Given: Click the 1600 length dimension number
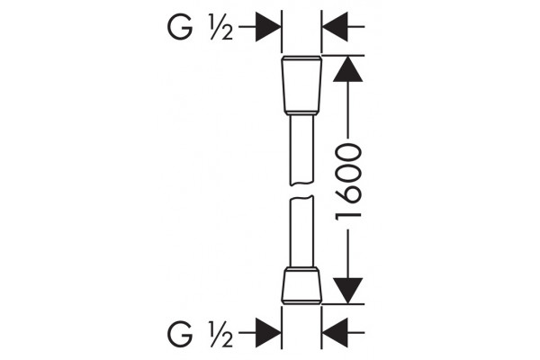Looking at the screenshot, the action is [x=348, y=182].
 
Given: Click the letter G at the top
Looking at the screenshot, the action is [x=180, y=26].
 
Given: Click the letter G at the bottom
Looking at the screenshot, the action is [x=180, y=334].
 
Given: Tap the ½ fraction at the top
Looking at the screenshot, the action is [x=220, y=27].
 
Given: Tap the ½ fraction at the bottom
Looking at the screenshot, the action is [x=220, y=334].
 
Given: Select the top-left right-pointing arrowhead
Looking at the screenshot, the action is [x=268, y=26].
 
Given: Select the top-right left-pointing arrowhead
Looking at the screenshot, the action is [x=335, y=26].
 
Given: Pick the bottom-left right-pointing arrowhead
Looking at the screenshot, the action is [x=268, y=333].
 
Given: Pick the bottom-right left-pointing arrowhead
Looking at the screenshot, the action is [x=335, y=333].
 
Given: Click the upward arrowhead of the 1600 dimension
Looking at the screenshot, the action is [x=347, y=68].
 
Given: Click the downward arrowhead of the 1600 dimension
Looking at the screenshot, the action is [x=347, y=291].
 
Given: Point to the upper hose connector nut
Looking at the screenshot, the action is [x=301, y=84].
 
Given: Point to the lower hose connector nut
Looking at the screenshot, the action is [x=301, y=285].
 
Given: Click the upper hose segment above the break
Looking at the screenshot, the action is [x=301, y=150].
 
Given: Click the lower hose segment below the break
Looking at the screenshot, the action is [x=301, y=231].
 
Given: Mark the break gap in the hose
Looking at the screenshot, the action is [x=301, y=191].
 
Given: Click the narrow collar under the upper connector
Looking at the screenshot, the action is [x=301, y=113].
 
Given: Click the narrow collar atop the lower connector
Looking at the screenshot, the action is [x=301, y=268].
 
